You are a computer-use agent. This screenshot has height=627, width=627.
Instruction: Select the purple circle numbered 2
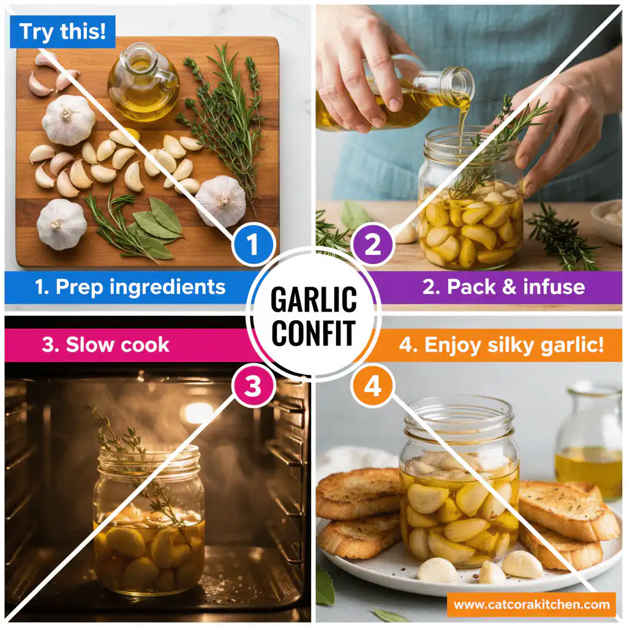pyautogui.click(x=373, y=245)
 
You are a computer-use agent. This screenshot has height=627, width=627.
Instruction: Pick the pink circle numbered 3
pyautogui.click(x=252, y=386)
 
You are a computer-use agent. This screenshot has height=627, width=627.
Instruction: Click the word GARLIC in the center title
pyautogui.click(x=313, y=299)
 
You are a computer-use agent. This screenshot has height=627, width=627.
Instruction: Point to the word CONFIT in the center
pyautogui.click(x=313, y=332)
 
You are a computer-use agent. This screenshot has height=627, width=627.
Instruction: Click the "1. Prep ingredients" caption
pyautogui.click(x=130, y=287)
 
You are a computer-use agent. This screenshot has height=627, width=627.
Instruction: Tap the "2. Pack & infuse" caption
pyautogui.click(x=503, y=287)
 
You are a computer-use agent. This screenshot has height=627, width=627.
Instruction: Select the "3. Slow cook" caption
pyautogui.click(x=105, y=344)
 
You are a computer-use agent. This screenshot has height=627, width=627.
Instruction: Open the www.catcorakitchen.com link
pyautogui.click(x=531, y=605)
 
